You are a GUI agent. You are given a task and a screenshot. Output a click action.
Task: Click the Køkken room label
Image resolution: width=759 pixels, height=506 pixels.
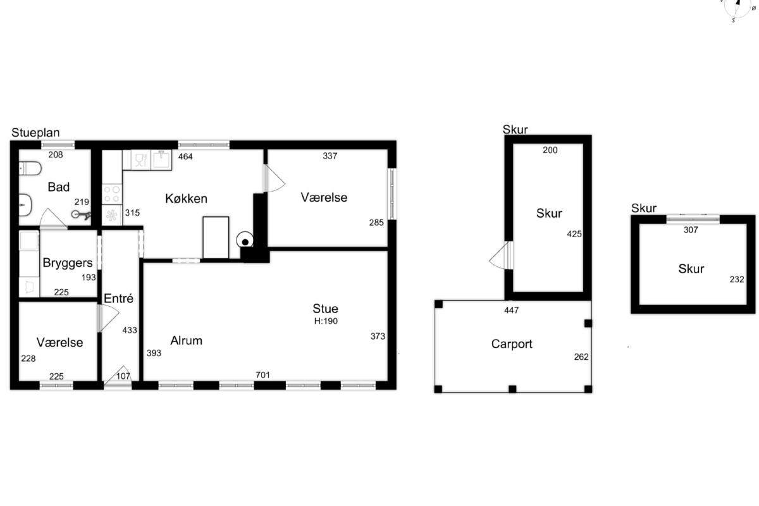tap(186, 199)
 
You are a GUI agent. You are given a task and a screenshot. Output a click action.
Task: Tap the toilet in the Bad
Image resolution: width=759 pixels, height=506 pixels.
tap(30, 168)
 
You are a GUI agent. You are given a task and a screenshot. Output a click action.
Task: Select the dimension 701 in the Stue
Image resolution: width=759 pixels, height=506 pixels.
tap(262, 375)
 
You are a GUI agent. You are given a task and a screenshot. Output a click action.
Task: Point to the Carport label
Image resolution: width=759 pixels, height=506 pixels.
tap(512, 344)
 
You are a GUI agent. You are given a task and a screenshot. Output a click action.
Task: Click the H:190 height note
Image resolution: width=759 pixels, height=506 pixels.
tap(326, 321)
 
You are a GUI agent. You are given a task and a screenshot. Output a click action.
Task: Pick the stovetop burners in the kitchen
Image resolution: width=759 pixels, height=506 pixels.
tap(112, 194)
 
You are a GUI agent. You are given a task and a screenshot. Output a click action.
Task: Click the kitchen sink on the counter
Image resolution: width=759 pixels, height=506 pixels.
tap(161, 159)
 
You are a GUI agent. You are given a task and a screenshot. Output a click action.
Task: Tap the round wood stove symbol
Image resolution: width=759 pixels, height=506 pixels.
tap(245, 240)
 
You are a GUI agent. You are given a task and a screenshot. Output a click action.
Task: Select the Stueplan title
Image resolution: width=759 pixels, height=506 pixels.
tap(35, 133)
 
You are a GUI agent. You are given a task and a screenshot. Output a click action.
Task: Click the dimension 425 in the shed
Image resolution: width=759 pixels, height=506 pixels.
tap(574, 234)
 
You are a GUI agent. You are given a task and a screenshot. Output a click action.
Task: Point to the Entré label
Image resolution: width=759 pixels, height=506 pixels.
tap(118, 299)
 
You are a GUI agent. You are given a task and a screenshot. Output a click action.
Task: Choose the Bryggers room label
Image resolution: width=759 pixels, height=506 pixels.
tap(68, 263)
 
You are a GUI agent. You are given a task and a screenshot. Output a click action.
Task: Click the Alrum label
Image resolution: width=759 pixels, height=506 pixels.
tap(186, 341)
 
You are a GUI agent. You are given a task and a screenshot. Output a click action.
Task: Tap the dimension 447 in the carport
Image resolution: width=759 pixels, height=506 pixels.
tap(511, 310)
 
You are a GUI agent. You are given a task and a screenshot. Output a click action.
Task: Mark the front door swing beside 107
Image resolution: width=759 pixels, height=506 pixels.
tap(118, 376)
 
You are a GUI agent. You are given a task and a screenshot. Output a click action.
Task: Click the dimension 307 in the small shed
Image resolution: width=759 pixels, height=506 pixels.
tap(691, 230)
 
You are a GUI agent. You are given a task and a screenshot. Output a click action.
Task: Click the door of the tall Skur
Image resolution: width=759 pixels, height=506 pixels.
tap(501, 255)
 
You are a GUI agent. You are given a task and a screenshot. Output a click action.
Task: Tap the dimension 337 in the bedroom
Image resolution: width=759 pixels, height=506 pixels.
tap(330, 156)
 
